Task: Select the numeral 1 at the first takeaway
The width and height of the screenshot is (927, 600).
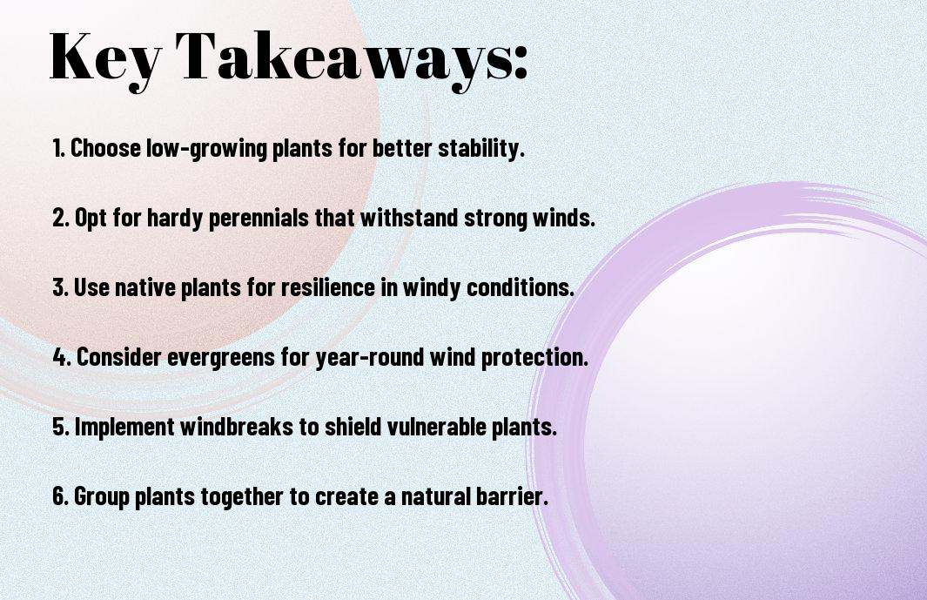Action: pos(57,148)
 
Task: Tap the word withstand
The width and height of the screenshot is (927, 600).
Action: pos(409,218)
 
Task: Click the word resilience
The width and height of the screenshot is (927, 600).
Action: pos(328,287)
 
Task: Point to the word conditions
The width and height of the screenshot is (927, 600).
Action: pos(521,287)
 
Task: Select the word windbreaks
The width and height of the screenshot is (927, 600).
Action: pos(237,427)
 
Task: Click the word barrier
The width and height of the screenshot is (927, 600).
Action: pos(511,496)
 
